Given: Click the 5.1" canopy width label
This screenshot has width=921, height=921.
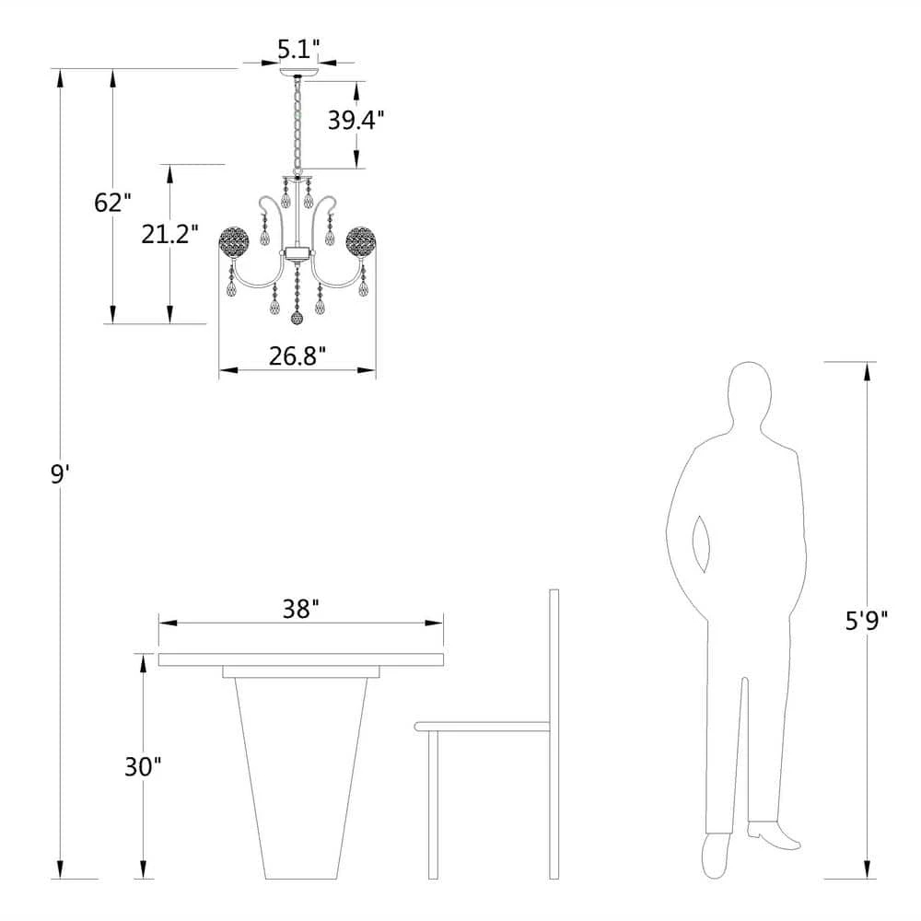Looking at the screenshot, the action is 299,50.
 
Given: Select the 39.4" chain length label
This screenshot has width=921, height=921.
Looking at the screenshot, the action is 356,121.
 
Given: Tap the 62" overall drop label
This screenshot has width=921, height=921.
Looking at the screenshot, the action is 112,203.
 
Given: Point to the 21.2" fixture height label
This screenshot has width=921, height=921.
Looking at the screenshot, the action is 170,234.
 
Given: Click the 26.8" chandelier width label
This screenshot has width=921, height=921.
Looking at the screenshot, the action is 297,356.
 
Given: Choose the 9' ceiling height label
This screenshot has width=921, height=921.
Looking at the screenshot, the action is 60,473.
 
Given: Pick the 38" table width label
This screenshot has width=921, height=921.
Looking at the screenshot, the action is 300,609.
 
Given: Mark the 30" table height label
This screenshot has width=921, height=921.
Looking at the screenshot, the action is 143,766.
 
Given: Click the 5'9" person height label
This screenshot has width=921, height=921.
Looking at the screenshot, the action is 867,620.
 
